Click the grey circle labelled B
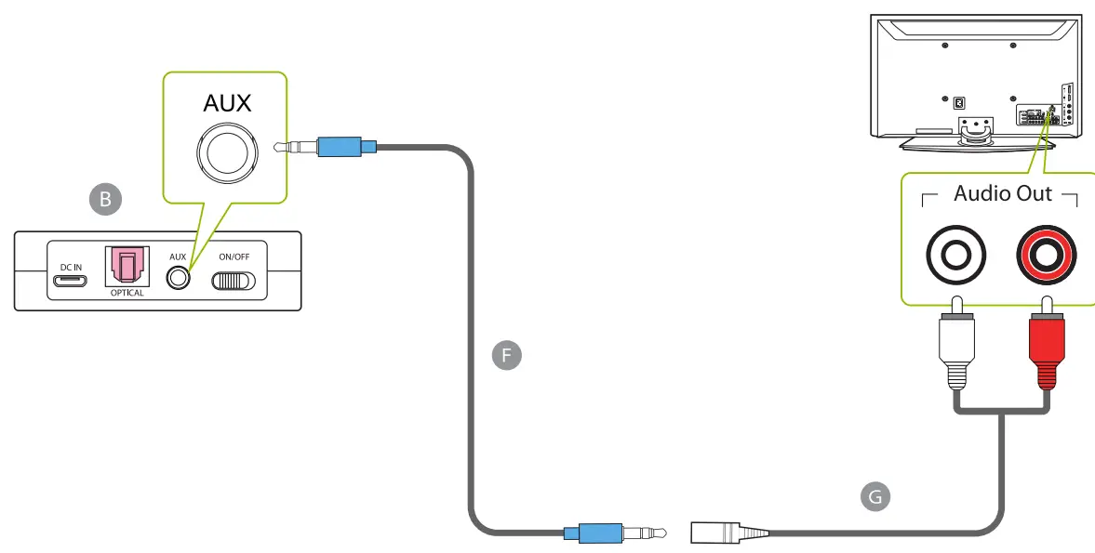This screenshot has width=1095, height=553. point(104,199)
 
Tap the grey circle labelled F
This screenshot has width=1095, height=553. point(506,355)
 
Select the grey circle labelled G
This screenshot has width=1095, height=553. point(874,497)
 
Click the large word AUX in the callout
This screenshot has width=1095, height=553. point(227,102)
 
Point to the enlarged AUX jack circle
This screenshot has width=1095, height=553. point(228,153)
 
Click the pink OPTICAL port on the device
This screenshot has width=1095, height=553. point(127,267)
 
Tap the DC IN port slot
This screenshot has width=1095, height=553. point(71,282)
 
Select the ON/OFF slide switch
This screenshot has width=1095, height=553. point(234,280)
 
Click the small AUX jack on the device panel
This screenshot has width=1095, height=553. point(178,278)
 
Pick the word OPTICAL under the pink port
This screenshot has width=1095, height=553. point(127,294)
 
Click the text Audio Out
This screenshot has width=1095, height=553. point(1002,194)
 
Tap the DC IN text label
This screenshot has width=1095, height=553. point(72,267)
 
